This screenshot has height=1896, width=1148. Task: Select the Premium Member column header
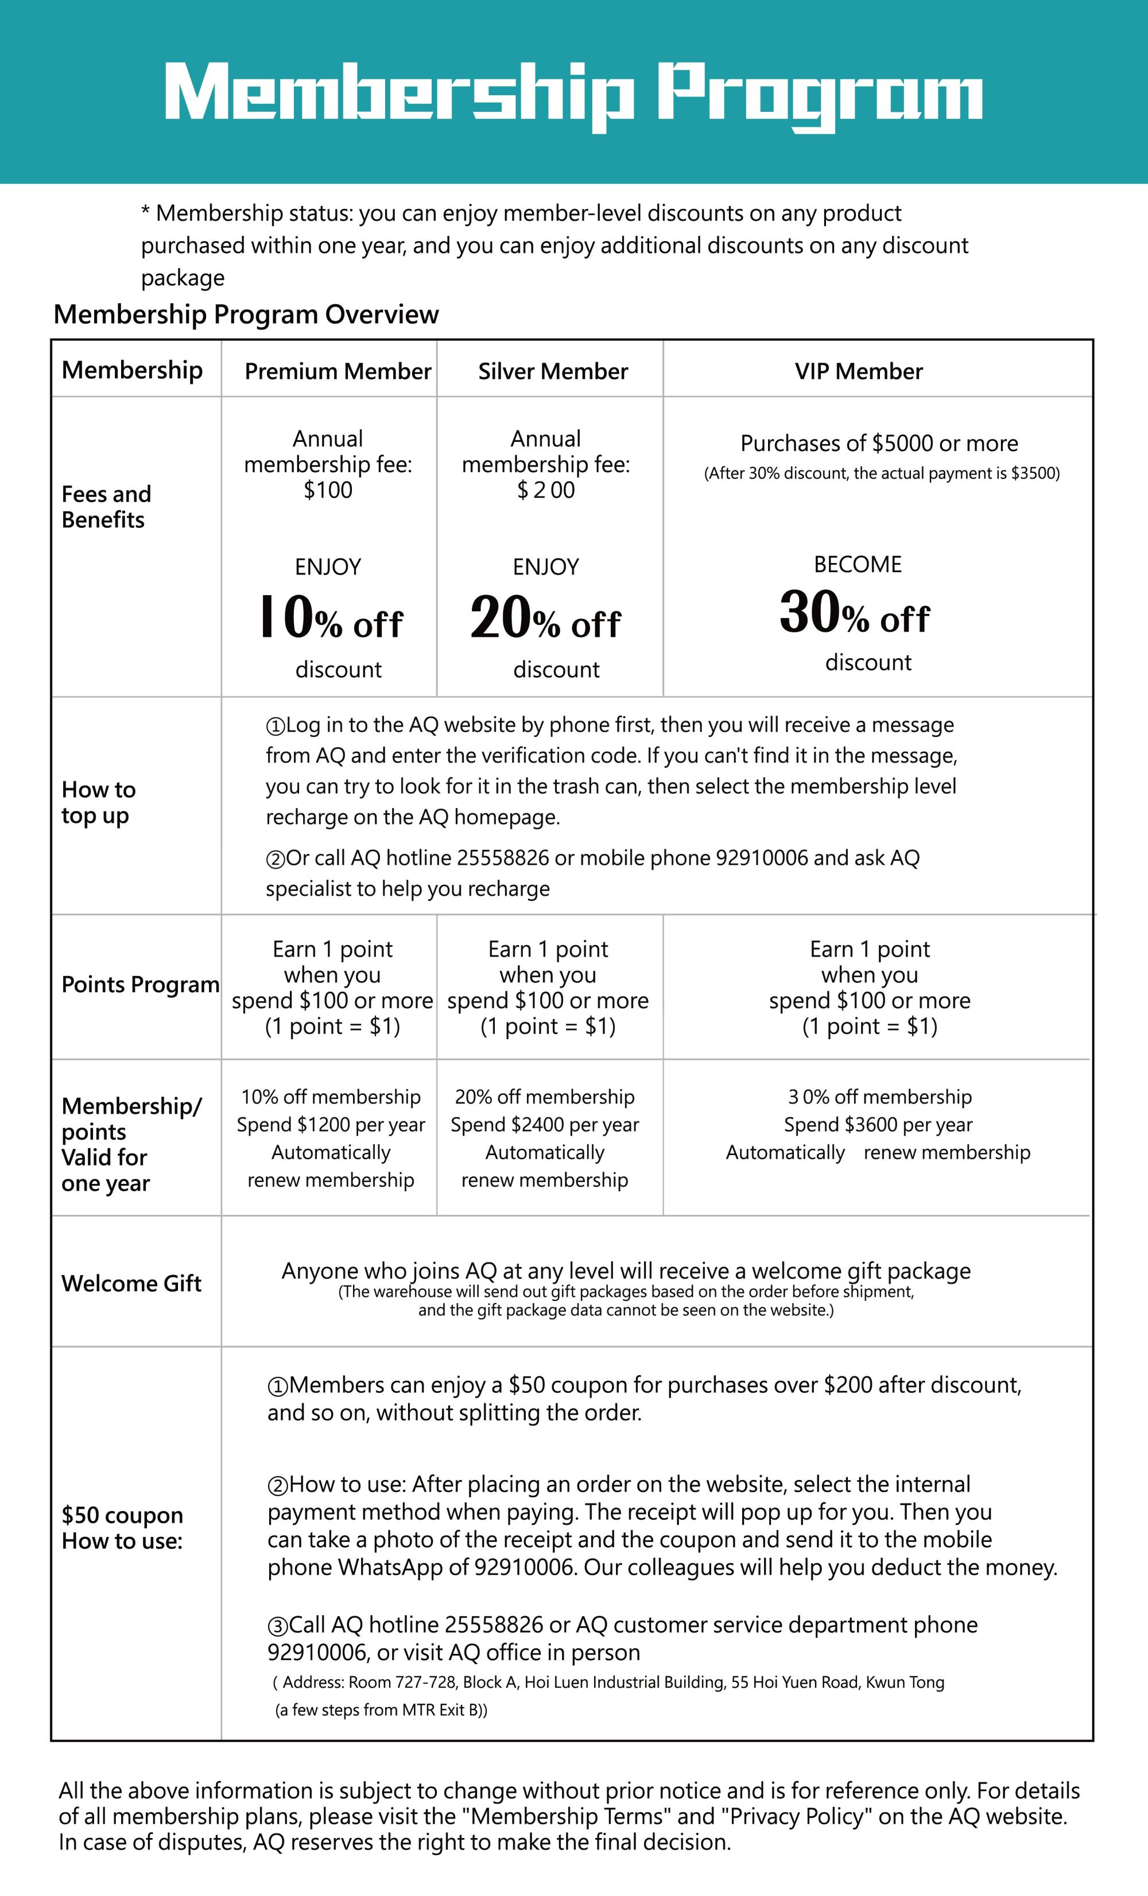338,372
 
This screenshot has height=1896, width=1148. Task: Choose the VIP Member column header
858,372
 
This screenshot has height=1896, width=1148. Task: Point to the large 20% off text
545,618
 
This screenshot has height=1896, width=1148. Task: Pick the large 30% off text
854,613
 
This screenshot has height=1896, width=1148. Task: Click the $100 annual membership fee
328,490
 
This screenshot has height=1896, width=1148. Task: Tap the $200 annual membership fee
545,490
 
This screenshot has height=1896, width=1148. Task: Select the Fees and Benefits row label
106,507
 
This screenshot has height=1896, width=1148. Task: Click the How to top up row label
99,803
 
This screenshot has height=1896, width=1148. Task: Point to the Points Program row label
140,984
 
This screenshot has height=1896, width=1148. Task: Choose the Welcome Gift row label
131,1284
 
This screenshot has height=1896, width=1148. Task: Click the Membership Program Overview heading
246,314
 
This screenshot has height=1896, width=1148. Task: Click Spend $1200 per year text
331,1125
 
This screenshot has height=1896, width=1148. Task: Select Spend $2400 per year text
545,1125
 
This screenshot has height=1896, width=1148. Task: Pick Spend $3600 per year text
878,1125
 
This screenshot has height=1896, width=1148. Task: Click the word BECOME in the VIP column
857,565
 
